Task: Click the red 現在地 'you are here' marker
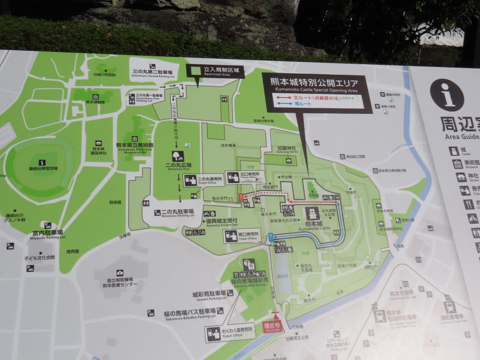coord(272,325)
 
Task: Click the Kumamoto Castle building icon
coord(311,214)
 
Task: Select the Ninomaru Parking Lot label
coord(176,212)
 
